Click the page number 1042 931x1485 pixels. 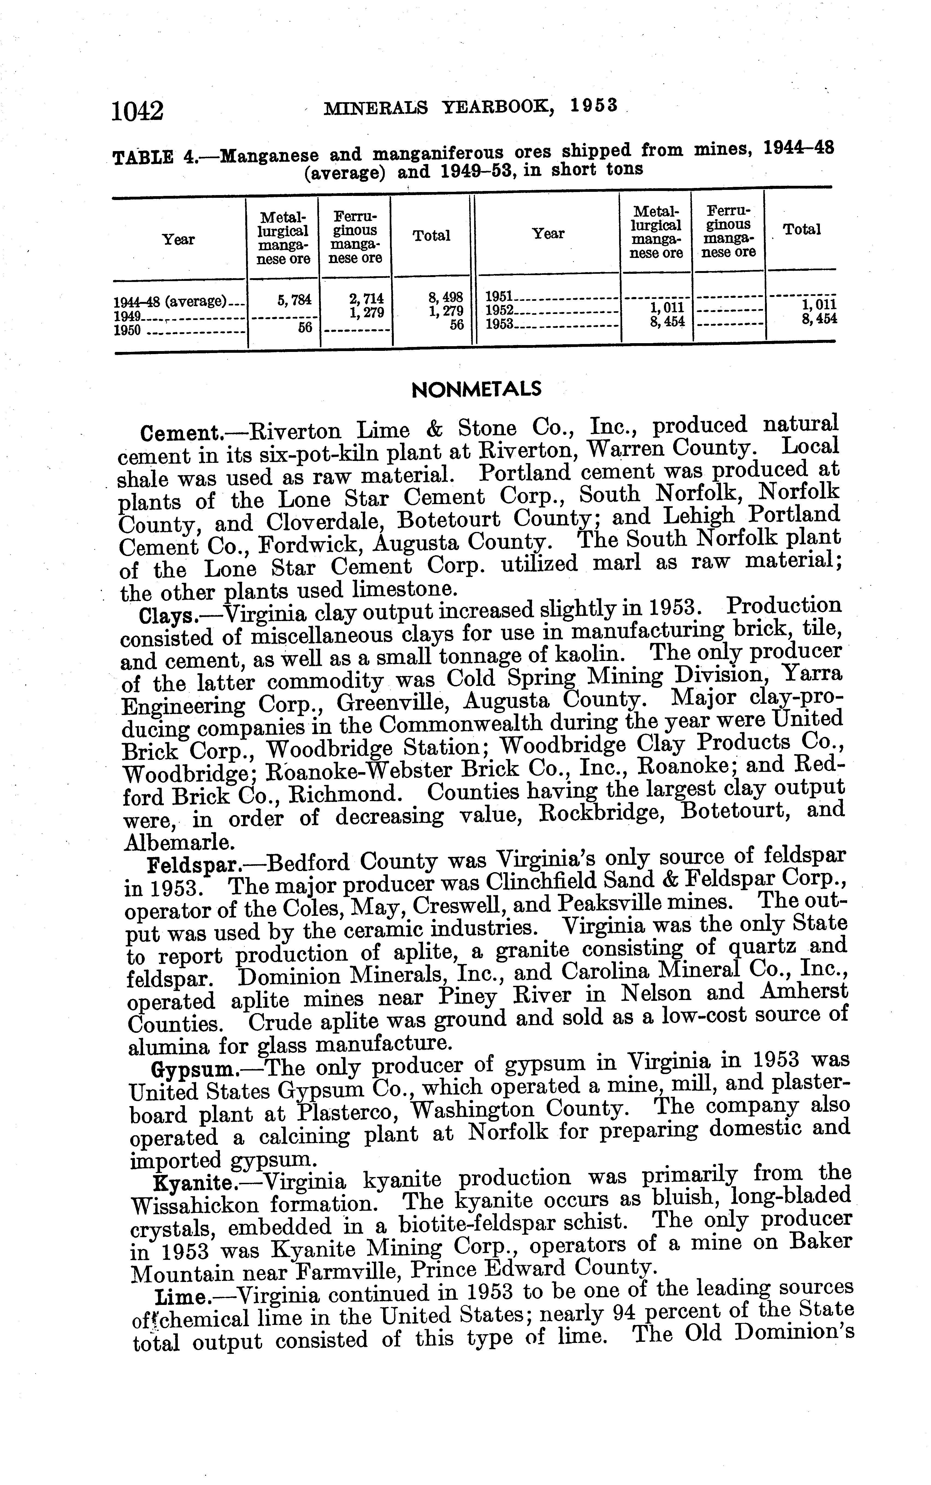click(138, 111)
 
